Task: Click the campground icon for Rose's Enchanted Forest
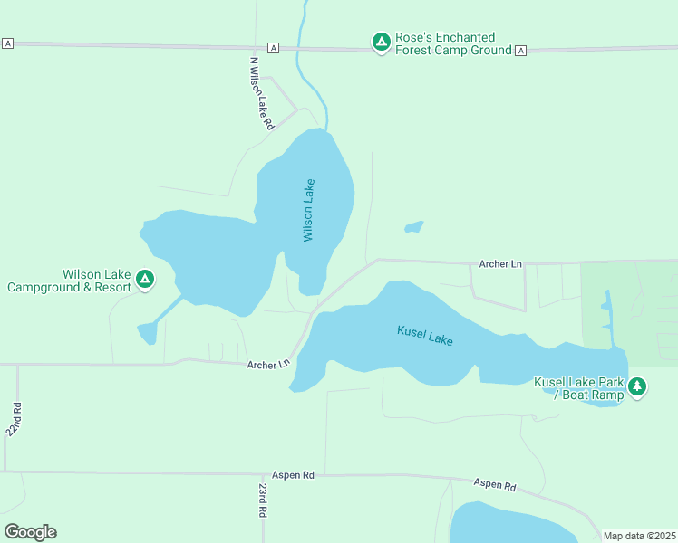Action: pyautogui.click(x=382, y=43)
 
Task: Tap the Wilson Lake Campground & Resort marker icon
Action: pyautogui.click(x=145, y=281)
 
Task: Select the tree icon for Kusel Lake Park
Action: pyautogui.click(x=637, y=387)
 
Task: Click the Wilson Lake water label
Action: pyautogui.click(x=309, y=209)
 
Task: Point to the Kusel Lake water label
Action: pyautogui.click(x=424, y=335)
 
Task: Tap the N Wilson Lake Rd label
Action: pyautogui.click(x=261, y=95)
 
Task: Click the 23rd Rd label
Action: pyautogui.click(x=262, y=500)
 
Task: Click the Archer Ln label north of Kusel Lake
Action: pyautogui.click(x=500, y=264)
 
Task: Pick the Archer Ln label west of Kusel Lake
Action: pyautogui.click(x=267, y=365)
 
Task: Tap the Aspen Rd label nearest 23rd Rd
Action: pyautogui.click(x=293, y=474)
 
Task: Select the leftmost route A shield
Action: pyautogui.click(x=8, y=43)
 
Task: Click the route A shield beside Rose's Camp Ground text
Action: pyautogui.click(x=520, y=51)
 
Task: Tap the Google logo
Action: pyautogui.click(x=30, y=532)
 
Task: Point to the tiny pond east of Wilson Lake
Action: pyautogui.click(x=413, y=227)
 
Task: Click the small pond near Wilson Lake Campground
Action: pyautogui.click(x=147, y=333)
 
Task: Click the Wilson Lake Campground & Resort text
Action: pyautogui.click(x=69, y=281)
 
